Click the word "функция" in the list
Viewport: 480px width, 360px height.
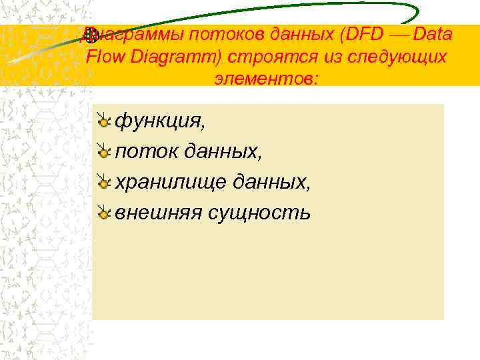pyautogui.click(x=157, y=121)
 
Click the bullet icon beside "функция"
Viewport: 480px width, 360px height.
pyautogui.click(x=103, y=121)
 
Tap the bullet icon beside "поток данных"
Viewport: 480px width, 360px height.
pyautogui.click(x=103, y=152)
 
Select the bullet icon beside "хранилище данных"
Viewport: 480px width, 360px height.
pyautogui.click(x=103, y=182)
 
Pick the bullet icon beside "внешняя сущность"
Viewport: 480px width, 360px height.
pyautogui.click(x=103, y=213)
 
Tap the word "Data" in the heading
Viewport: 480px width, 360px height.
pyautogui.click(x=433, y=34)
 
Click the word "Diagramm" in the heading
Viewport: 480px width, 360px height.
pyautogui.click(x=175, y=57)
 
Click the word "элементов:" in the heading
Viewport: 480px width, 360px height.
pyautogui.click(x=267, y=79)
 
